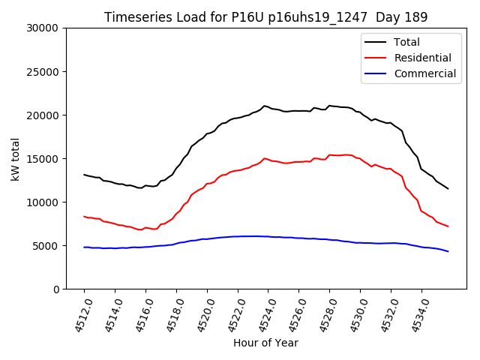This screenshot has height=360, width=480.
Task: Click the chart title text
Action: tap(265, 17)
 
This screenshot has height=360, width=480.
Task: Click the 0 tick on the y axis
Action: tap(56, 289)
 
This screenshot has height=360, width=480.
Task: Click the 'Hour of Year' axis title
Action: tap(265, 343)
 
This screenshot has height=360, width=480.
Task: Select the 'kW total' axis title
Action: tap(15, 158)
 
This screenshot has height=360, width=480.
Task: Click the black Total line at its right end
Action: tap(448, 188)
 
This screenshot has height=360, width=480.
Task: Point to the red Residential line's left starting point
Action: tap(84, 216)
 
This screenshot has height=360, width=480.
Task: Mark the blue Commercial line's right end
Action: tap(448, 251)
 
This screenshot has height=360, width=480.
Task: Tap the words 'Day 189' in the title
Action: tap(405, 17)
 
